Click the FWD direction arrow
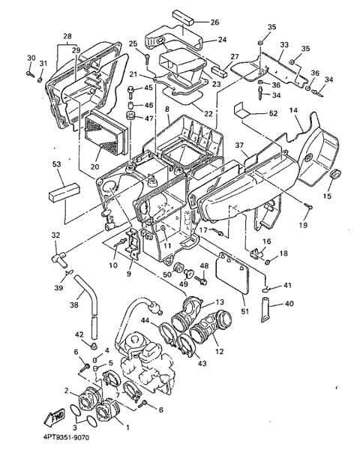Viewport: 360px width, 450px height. coord(54,418)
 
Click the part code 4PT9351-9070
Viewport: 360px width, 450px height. coord(66,438)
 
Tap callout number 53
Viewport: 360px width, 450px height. coord(57,164)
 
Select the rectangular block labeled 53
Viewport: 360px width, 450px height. coord(64,191)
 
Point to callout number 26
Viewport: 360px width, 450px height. coord(214,22)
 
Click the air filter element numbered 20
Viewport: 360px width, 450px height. coord(106,133)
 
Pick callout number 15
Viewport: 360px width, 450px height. coord(327,196)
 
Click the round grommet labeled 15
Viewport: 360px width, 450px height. coord(334,174)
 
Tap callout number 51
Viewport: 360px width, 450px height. coord(245,311)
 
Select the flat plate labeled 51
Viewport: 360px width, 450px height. coord(232,274)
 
